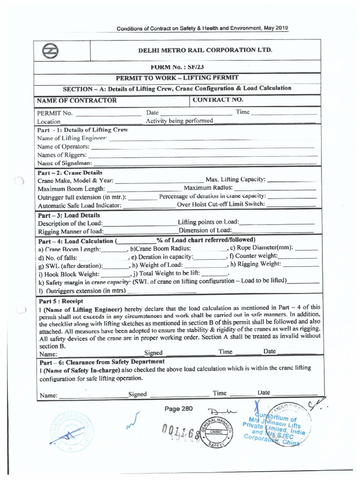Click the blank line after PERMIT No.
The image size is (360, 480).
coord(108,113)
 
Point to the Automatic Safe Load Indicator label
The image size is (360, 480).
coord(80,205)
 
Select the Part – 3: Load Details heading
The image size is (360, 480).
coord(68,215)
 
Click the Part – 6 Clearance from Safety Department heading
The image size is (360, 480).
coord(101,362)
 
